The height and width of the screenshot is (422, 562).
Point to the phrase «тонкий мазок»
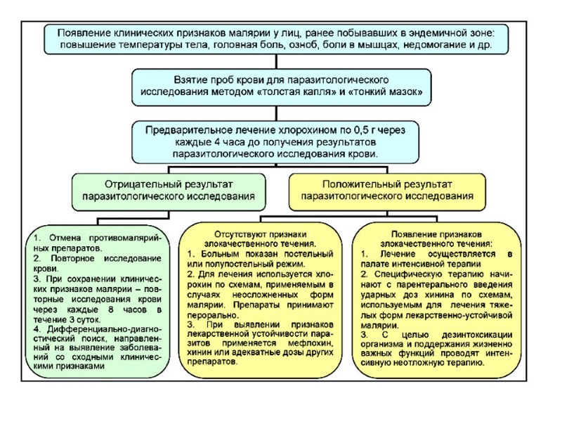(x=390, y=91)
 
